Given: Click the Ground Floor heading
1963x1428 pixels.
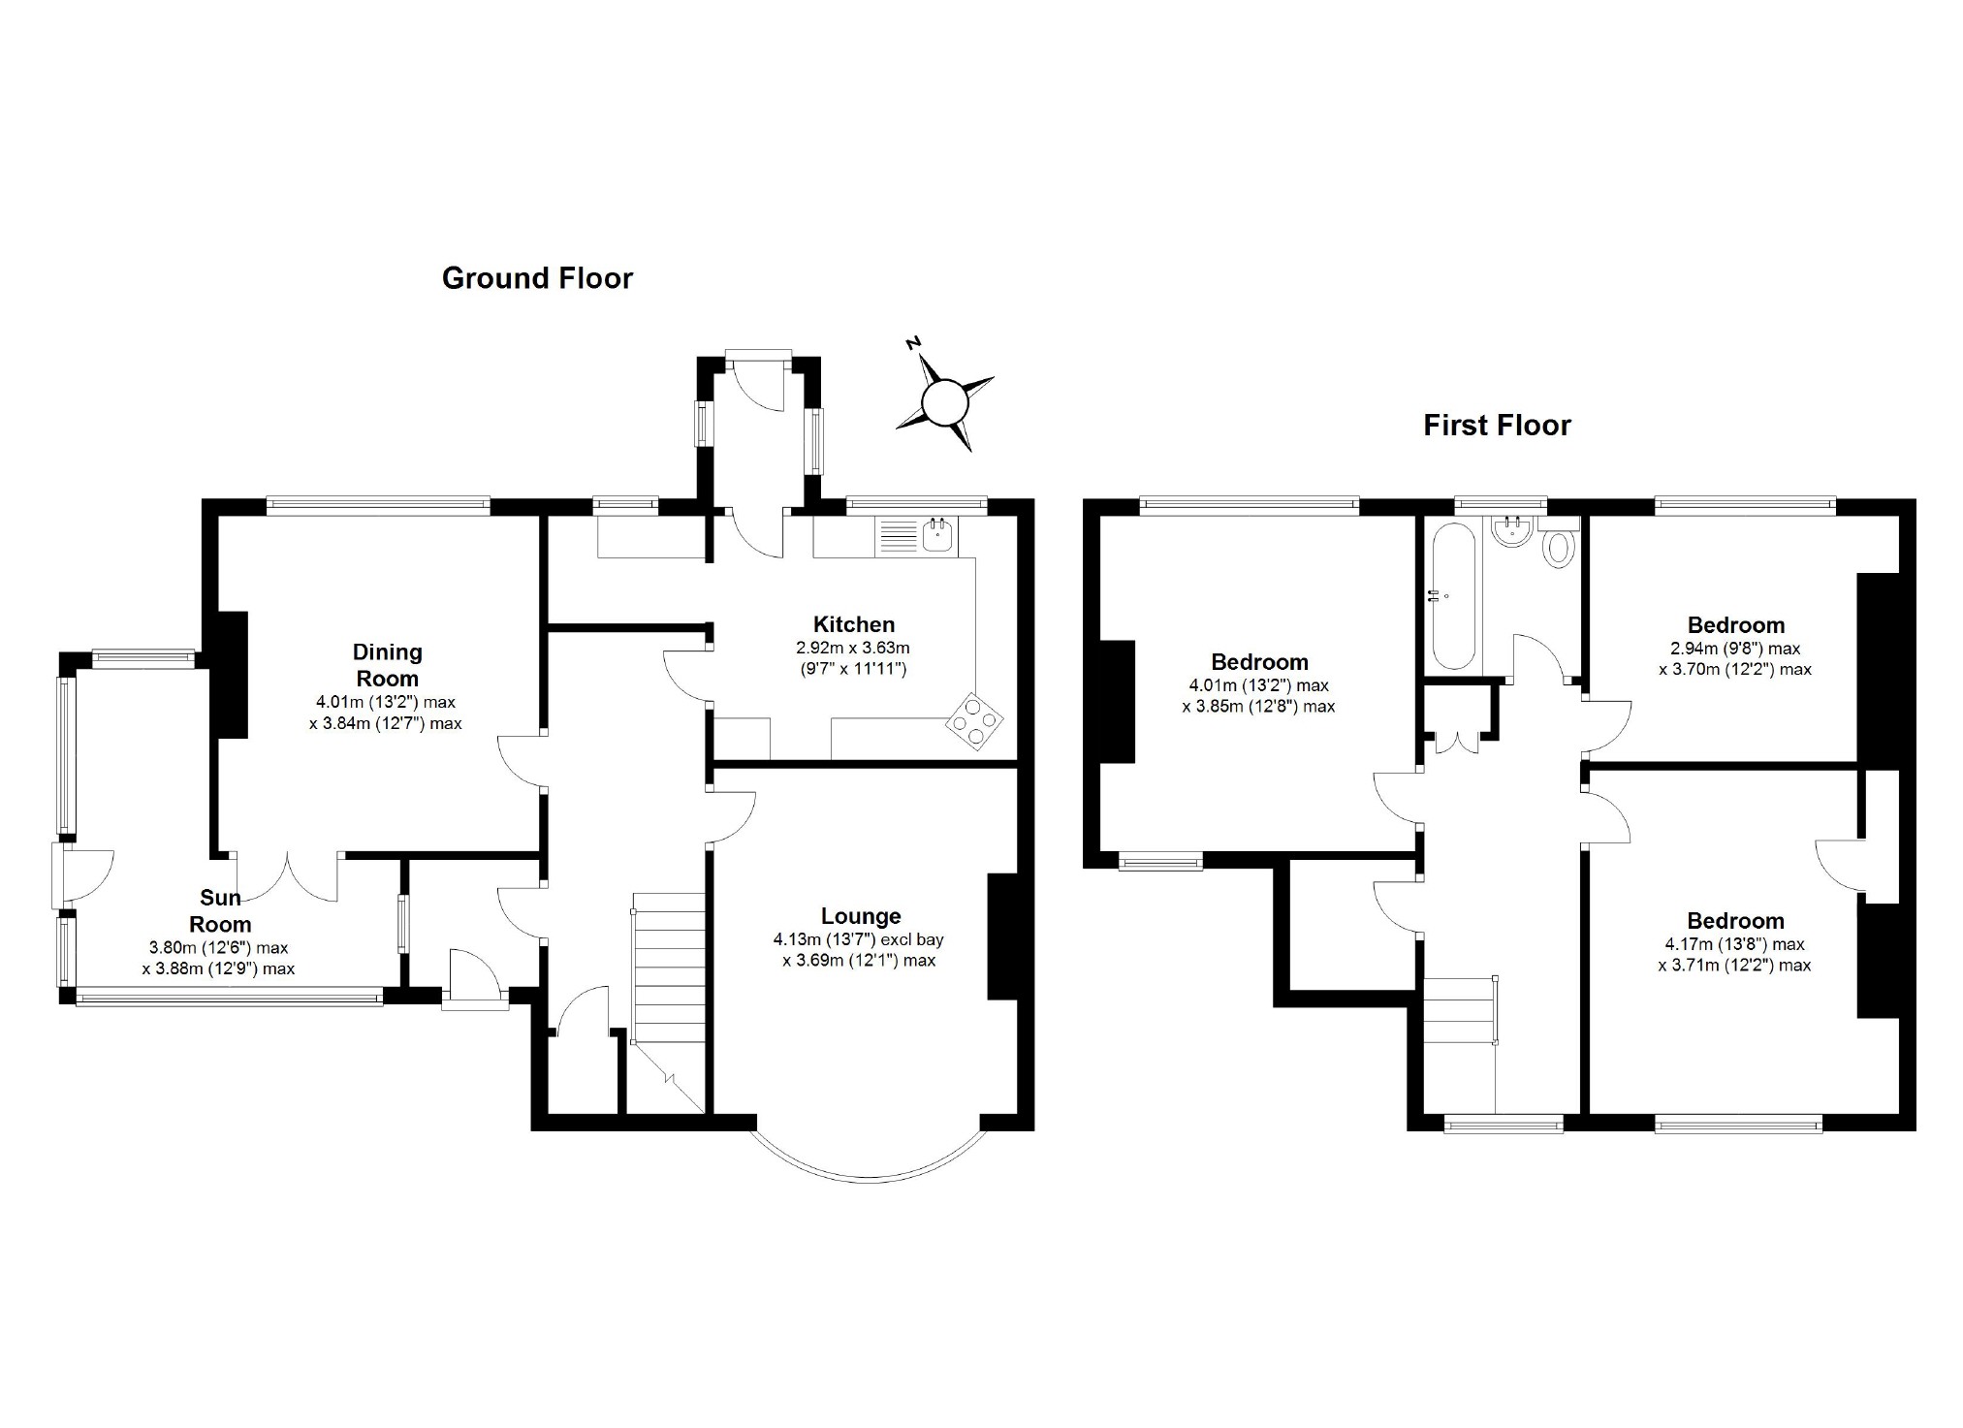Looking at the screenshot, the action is (x=537, y=278).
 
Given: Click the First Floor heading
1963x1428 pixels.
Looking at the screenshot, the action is (x=1497, y=425).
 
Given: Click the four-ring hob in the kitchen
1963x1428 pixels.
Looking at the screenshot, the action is (x=974, y=721).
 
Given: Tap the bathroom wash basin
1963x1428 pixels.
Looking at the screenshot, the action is (x=1512, y=531).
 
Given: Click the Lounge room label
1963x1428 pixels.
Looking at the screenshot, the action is (x=861, y=916).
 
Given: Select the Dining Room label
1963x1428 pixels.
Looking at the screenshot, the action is (x=388, y=665).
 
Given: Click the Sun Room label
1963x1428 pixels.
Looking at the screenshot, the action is (x=220, y=911).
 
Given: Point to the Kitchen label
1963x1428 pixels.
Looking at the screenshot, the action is (x=853, y=624).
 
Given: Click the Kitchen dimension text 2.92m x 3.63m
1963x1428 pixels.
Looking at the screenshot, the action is (x=853, y=648).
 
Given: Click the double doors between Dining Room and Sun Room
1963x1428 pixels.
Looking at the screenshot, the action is (x=288, y=877).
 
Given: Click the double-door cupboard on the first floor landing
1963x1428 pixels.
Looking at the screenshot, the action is (x=1458, y=735).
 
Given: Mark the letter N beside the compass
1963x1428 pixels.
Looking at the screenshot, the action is (x=912, y=343).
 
